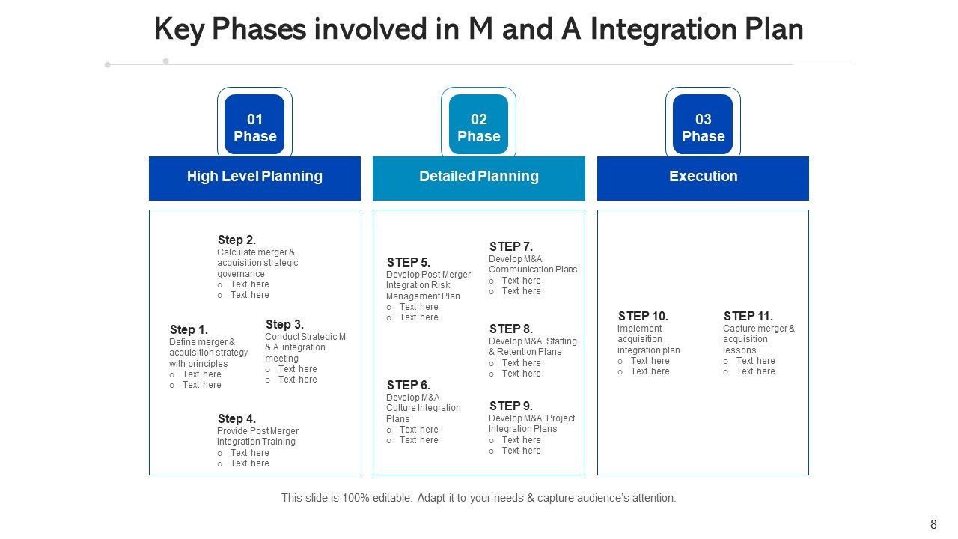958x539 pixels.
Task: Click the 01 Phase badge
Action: click(254, 125)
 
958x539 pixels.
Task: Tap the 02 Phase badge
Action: click(478, 125)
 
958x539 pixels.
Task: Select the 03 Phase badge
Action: click(703, 125)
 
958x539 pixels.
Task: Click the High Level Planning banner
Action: click(254, 177)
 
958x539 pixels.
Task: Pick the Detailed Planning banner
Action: click(478, 177)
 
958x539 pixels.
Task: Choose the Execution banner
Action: click(703, 177)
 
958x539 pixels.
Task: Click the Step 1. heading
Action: click(189, 330)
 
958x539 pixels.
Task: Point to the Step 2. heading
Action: click(237, 240)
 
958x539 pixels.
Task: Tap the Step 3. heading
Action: click(284, 325)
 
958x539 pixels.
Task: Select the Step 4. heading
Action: click(237, 419)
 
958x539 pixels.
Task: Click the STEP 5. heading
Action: click(408, 263)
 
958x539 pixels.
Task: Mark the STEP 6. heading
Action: click(408, 386)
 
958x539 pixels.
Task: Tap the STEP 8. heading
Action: click(510, 329)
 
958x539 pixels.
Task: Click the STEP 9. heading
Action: click(510, 406)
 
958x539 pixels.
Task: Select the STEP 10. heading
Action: click(643, 317)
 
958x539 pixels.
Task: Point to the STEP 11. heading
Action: click(748, 317)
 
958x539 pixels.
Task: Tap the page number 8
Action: click(933, 525)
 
